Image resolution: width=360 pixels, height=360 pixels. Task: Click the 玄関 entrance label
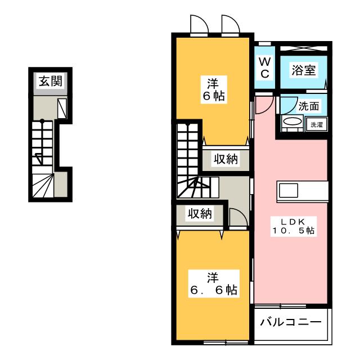(51, 81)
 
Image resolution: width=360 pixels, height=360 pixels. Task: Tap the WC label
(265, 67)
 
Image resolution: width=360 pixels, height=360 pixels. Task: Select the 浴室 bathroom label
(304, 70)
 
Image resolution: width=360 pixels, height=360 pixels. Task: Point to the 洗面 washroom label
(309, 106)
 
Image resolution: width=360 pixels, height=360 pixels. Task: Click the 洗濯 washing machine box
(317, 125)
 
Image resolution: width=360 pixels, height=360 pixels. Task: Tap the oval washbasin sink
(292, 121)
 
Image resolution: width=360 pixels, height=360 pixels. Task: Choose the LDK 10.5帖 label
(294, 226)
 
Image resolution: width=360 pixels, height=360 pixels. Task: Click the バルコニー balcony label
(291, 322)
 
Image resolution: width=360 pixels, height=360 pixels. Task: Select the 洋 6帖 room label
(214, 90)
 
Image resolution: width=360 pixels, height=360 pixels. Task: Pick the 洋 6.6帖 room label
(214, 284)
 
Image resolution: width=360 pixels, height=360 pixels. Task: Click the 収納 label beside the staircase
(226, 159)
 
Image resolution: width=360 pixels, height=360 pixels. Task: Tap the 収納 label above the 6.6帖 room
(200, 214)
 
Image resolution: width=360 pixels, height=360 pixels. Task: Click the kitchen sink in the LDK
(289, 190)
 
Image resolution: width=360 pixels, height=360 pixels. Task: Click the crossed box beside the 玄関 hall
(62, 109)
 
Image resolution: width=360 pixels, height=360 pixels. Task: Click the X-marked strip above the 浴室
(304, 48)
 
